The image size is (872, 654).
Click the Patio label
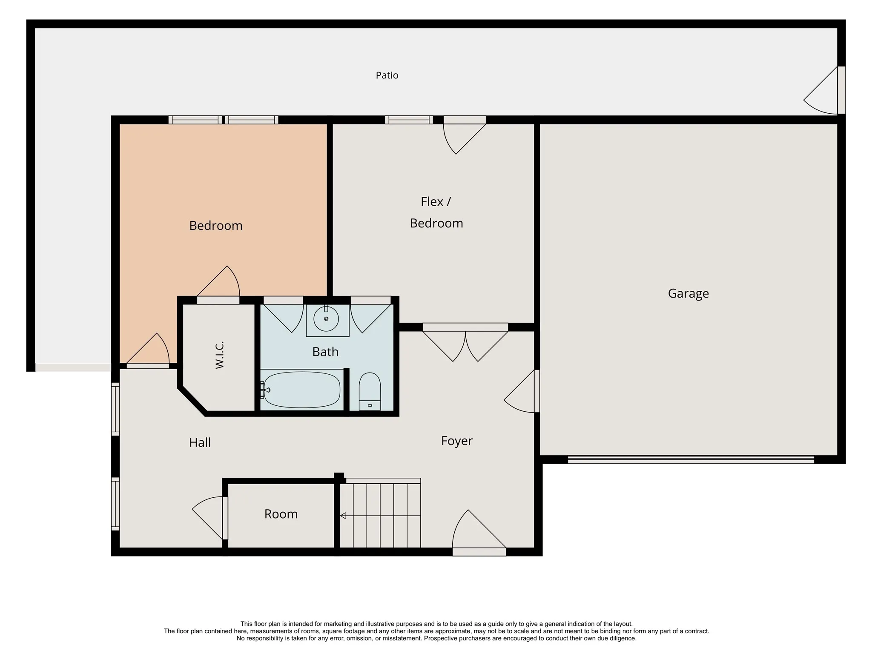point(387,75)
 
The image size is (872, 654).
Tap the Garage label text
point(688,293)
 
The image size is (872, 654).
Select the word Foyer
point(457,441)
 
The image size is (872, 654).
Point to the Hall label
point(200,442)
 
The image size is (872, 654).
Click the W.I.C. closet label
point(219,355)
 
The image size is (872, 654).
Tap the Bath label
point(325,352)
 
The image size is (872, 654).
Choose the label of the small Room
point(281,514)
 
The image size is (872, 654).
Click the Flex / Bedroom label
point(436,212)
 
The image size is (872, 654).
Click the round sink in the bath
point(326,318)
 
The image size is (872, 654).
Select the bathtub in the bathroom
point(302,390)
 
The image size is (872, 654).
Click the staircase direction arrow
point(380,516)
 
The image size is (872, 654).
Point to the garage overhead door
point(691,459)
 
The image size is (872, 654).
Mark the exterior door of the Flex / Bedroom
point(465,135)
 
